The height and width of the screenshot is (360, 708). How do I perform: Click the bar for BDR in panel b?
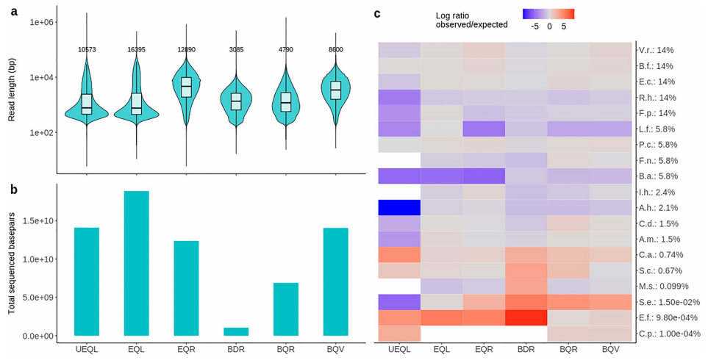point(237,331)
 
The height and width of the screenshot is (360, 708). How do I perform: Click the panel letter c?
point(377,13)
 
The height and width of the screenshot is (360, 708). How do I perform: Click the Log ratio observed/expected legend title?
point(471,19)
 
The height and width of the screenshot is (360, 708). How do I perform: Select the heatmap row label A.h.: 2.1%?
point(661,208)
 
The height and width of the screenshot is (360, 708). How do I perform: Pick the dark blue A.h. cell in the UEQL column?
point(399,208)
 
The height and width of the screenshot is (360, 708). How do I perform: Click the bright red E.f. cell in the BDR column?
point(526,317)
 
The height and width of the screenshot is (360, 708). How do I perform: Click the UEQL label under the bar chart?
point(87,347)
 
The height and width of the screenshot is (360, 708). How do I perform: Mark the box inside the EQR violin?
point(187,87)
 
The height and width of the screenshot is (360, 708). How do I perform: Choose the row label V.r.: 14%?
point(657,50)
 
